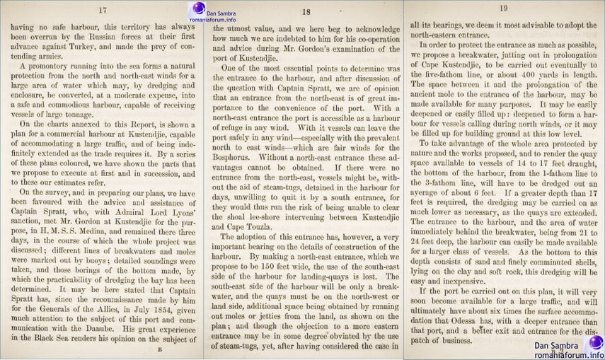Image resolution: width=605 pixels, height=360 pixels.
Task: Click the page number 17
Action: pyautogui.click(x=103, y=10)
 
